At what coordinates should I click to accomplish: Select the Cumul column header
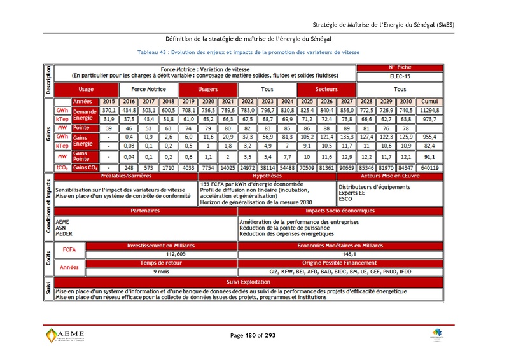[431, 101]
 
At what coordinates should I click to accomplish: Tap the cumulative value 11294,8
[431, 110]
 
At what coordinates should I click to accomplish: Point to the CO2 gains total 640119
[431, 167]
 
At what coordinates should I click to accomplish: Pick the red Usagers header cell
[208, 90]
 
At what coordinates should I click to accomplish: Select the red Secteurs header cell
[326, 90]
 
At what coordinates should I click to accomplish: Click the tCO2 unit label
[62, 167]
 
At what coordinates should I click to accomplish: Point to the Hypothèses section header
[267, 176]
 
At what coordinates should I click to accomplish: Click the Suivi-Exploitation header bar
[249, 280]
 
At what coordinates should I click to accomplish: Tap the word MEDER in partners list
[64, 234]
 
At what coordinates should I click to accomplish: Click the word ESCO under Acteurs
[345, 198]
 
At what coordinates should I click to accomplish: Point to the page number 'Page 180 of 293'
[253, 335]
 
